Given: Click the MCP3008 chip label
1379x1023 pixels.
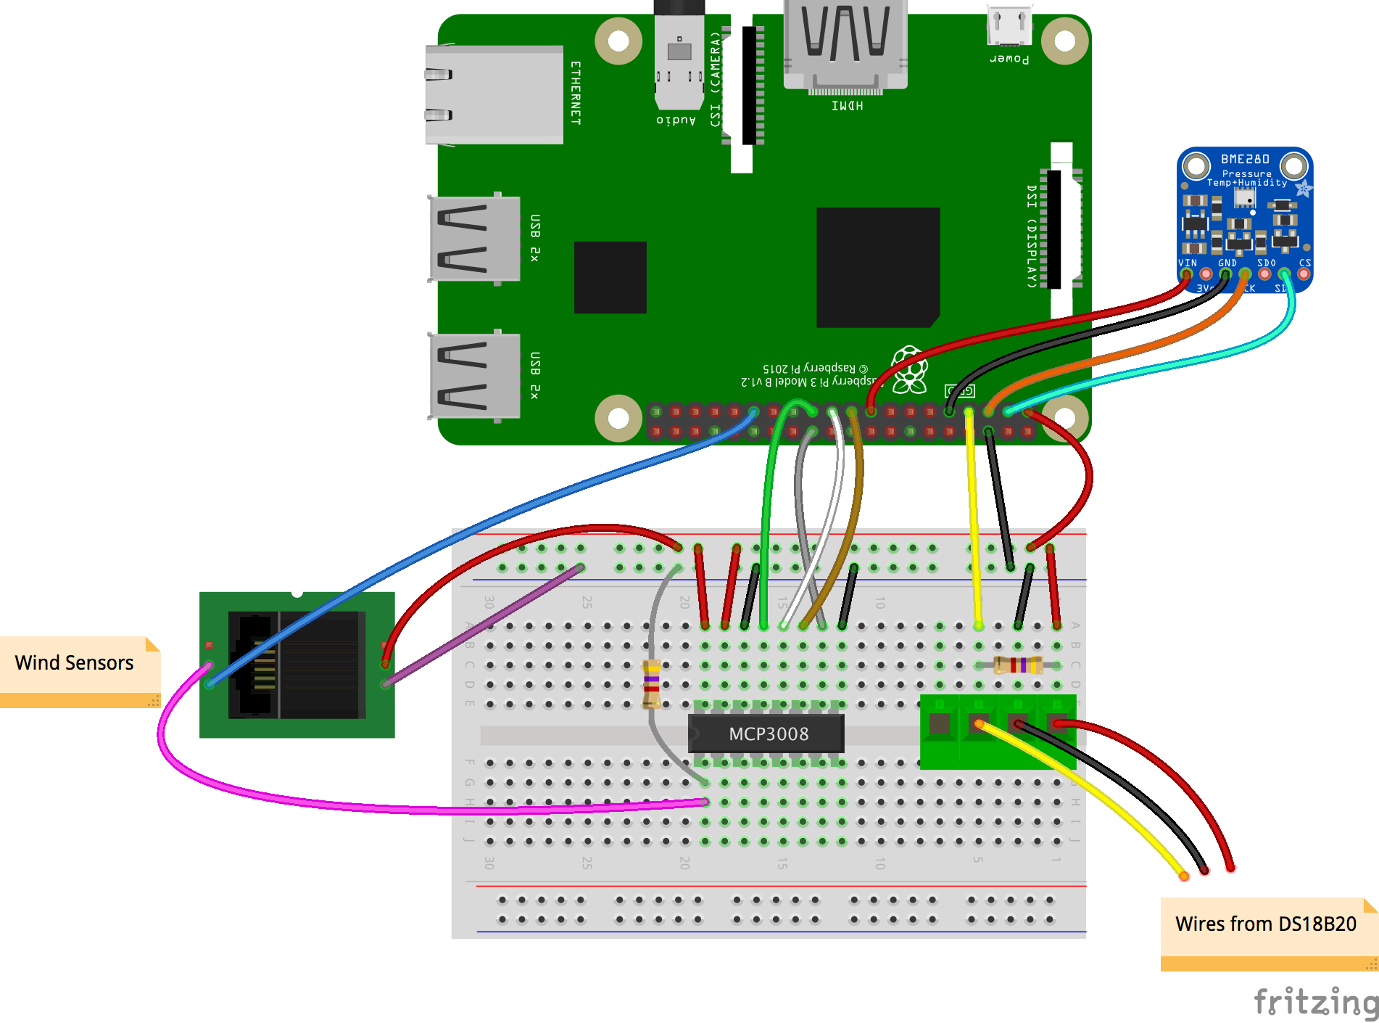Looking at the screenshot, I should coord(768,734).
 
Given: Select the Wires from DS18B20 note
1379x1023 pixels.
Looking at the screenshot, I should coord(1265,925).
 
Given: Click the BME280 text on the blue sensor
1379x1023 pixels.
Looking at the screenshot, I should coord(1245,159).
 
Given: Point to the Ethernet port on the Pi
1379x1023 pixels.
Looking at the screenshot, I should coord(494,94).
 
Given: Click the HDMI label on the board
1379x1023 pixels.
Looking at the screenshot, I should coord(847,106).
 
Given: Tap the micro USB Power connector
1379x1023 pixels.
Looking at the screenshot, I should coord(1009,28).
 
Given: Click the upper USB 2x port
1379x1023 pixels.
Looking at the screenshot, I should coord(475,239).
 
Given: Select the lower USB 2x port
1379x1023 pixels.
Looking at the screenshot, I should coord(475,376).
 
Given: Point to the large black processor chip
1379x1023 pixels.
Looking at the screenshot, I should coord(877,267).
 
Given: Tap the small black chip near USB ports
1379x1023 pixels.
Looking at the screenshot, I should coord(610,277).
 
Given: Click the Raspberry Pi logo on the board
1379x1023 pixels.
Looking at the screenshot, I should coord(909,369).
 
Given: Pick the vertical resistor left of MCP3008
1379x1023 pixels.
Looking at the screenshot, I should coord(651,683).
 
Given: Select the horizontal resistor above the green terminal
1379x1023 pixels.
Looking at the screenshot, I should coord(1018,665).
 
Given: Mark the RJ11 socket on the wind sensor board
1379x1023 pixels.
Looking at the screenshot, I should coord(297,665).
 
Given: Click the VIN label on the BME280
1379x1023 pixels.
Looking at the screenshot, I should coord(1187,263).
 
